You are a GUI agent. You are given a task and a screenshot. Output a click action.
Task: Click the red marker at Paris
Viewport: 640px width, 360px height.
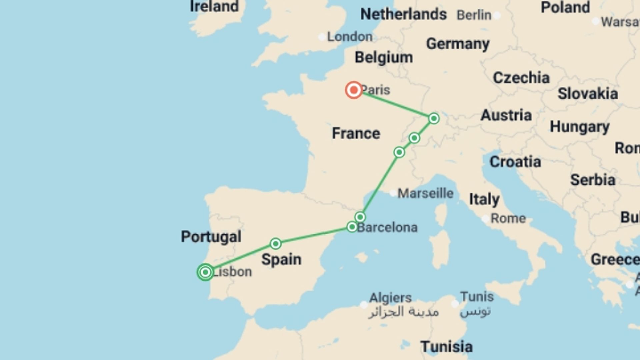[354, 90]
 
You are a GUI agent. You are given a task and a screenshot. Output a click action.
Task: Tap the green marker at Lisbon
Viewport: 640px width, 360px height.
[205, 272]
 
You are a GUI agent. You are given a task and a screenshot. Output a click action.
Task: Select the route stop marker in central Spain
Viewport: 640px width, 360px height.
[276, 244]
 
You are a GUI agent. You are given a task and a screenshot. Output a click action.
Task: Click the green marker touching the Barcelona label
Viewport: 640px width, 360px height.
[352, 227]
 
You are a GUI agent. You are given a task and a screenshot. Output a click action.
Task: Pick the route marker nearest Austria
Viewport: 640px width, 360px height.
[434, 118]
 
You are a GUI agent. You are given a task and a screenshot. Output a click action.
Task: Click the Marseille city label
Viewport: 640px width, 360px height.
[425, 193]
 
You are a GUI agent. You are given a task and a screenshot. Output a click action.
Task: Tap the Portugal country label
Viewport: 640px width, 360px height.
[211, 237]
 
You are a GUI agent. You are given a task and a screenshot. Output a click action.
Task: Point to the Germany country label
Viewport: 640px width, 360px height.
[458, 44]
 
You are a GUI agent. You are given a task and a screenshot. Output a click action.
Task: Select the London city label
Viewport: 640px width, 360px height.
[350, 37]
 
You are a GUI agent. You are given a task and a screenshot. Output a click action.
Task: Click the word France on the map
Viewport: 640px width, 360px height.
[356, 133]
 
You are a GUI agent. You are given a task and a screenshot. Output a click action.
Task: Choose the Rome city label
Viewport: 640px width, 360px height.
[508, 219]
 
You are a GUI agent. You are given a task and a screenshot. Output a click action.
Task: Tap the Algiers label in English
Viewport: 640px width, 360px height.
[390, 297]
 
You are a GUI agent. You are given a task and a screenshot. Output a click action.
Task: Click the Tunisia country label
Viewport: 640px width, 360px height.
[446, 347]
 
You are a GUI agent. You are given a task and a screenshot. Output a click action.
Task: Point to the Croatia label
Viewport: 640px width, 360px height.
[515, 162]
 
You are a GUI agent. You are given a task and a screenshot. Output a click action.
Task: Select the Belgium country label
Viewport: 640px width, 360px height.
[384, 57]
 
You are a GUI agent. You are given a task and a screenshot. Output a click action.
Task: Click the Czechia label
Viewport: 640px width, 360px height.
[521, 78]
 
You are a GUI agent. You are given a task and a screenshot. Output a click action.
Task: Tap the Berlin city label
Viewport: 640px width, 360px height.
[474, 15]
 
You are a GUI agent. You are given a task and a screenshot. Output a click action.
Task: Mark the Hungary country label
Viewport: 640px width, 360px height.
[579, 127]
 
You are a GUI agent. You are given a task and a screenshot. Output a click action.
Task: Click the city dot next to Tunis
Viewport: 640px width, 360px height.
[455, 304]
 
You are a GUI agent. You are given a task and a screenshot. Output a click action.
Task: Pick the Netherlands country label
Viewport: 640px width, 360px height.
[403, 14]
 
